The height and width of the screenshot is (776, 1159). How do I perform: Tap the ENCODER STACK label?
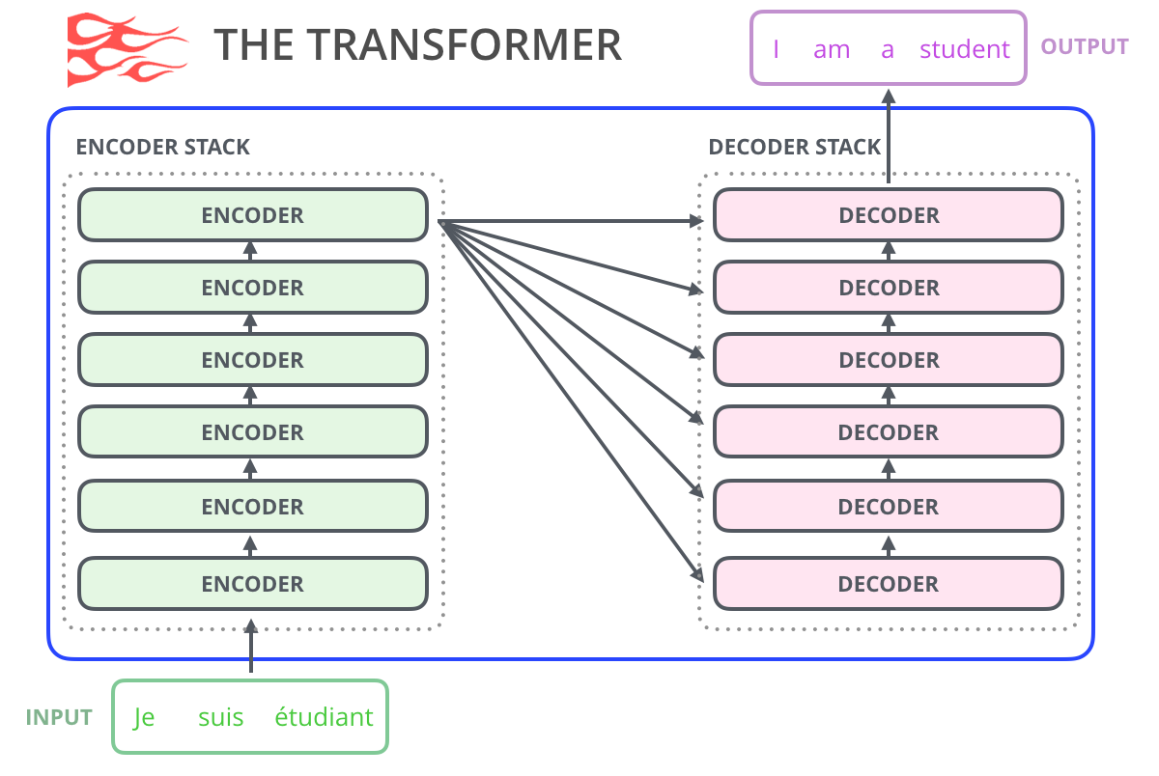(x=162, y=148)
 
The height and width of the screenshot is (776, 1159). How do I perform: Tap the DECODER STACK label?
(x=794, y=148)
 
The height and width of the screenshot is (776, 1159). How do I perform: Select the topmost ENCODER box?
(x=252, y=215)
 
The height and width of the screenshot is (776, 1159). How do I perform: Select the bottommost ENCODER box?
(x=252, y=584)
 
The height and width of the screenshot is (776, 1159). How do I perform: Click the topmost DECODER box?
(x=889, y=215)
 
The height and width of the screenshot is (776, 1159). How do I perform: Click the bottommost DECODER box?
(x=889, y=584)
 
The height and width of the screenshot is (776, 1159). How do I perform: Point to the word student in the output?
(x=964, y=49)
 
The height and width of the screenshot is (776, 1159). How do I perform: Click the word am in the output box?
(x=832, y=49)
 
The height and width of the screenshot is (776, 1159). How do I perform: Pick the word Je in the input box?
(x=144, y=718)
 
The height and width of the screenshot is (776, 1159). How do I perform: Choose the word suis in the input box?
(x=220, y=718)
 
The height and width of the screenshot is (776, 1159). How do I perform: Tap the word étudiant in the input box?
(x=324, y=718)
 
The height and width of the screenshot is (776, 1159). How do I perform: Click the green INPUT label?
(x=59, y=718)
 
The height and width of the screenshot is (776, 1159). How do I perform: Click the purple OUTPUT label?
(x=1084, y=46)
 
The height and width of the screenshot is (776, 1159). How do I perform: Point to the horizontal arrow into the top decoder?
(x=579, y=222)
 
